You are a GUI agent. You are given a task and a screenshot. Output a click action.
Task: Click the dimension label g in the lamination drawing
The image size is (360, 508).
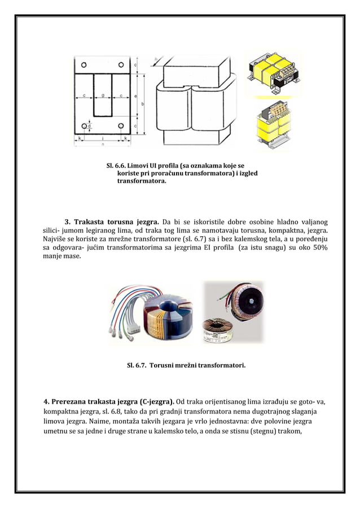[x=102, y=96]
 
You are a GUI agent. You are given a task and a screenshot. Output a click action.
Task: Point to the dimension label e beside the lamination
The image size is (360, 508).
[x=137, y=96]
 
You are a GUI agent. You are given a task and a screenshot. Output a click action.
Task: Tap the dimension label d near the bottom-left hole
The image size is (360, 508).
[x=89, y=126]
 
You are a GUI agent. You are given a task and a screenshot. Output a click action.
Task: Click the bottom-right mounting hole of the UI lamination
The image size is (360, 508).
[x=120, y=126]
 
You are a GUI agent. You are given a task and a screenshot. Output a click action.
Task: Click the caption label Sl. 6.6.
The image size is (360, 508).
[x=116, y=165]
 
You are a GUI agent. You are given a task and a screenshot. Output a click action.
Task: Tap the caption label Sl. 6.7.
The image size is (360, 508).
[x=138, y=365]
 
